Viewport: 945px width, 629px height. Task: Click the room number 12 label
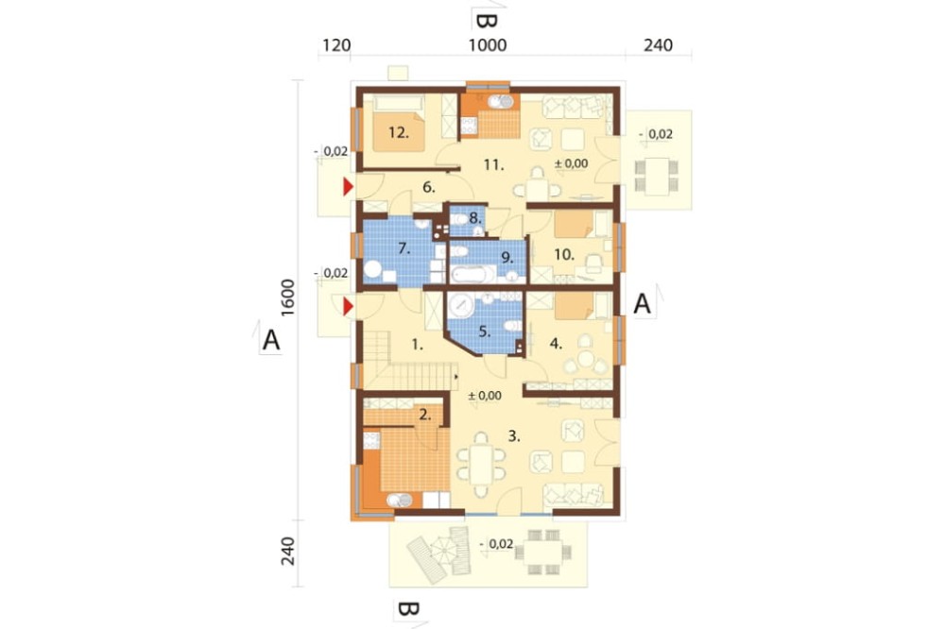click(x=399, y=132)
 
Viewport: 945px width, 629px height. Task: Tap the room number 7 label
click(x=404, y=247)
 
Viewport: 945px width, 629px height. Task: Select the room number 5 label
click(x=485, y=331)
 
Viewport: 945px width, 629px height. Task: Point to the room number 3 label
click(x=513, y=435)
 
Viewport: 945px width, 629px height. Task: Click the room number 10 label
click(x=563, y=255)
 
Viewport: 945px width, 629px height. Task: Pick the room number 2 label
click(x=425, y=414)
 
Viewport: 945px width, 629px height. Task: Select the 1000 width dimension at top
click(x=488, y=45)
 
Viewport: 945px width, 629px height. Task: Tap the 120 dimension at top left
click(x=336, y=45)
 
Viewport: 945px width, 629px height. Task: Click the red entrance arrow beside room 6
click(x=348, y=187)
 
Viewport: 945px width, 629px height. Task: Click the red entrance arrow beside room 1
click(x=348, y=307)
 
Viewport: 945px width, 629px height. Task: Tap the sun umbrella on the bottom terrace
click(x=447, y=552)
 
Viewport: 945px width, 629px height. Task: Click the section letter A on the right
click(x=643, y=304)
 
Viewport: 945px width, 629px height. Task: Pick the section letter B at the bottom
click(x=407, y=609)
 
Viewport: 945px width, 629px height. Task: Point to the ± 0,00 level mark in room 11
click(x=571, y=163)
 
